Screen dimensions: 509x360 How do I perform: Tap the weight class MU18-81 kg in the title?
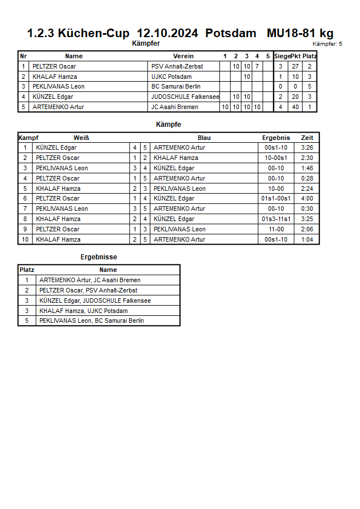[x=300, y=33]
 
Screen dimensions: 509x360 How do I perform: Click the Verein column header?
[x=183, y=56]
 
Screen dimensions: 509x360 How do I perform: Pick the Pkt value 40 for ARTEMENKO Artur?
[x=295, y=107]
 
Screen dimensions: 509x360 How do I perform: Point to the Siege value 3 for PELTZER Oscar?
[x=281, y=66]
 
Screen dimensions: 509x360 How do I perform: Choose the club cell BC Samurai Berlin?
[x=176, y=87]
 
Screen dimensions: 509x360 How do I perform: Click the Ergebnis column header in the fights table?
[x=276, y=138]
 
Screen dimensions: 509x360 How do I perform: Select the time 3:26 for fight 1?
[x=307, y=148]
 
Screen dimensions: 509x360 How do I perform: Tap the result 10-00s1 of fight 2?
[x=276, y=158]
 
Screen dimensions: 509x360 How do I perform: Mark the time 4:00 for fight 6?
[x=307, y=199]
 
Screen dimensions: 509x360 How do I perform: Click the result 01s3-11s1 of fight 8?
[x=276, y=219]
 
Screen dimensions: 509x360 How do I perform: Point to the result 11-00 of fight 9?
[x=276, y=229]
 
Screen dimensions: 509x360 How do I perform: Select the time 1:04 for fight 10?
[x=307, y=239]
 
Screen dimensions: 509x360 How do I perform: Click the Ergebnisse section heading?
[x=99, y=257]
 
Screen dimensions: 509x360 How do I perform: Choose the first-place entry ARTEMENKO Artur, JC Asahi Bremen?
[x=90, y=280]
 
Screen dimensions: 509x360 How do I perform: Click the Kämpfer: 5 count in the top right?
[x=327, y=44]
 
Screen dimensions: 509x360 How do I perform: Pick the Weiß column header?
[x=81, y=138]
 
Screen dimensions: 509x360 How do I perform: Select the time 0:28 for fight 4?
[x=307, y=178]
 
